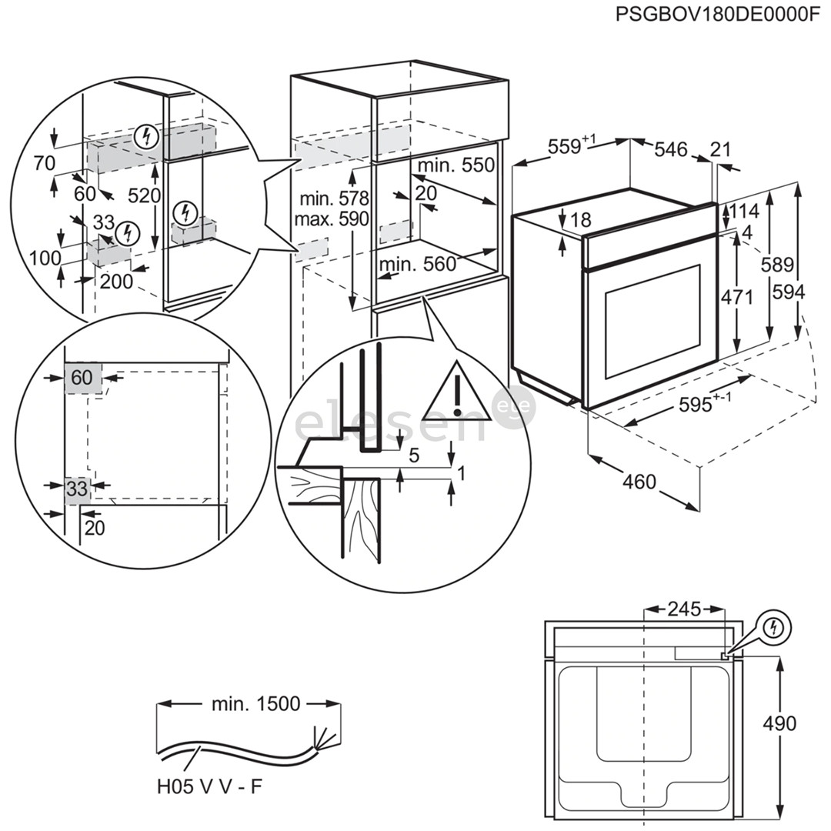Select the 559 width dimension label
point(567,146)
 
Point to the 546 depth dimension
point(669,149)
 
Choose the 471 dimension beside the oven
point(737,297)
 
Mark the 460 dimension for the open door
point(639,482)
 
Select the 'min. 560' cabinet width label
point(418,265)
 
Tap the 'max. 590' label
point(332,219)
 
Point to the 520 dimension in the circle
point(144,195)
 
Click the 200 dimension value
point(116,282)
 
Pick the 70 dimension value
point(45,162)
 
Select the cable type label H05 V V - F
point(204,788)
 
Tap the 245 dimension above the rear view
point(683,609)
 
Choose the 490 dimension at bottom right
point(779,723)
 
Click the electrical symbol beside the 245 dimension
point(774,629)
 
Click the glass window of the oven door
point(652,321)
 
